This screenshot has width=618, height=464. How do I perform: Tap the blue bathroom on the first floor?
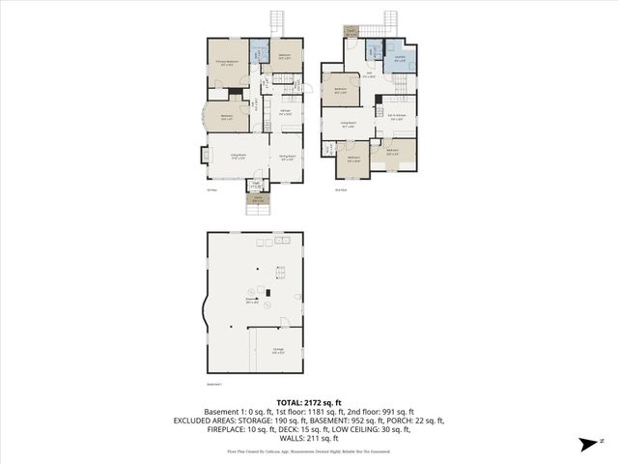click(258, 53)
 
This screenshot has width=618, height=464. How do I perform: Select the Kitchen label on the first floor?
click(287, 113)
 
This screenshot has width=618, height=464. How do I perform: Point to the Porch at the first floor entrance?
click(257, 200)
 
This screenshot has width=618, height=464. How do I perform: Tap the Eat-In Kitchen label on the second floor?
click(396, 119)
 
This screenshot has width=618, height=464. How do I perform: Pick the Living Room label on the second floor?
click(349, 124)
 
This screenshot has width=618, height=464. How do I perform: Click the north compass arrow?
click(587, 444)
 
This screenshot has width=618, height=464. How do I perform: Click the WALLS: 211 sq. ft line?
click(308, 440)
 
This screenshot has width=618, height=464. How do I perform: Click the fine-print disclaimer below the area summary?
click(308, 450)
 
